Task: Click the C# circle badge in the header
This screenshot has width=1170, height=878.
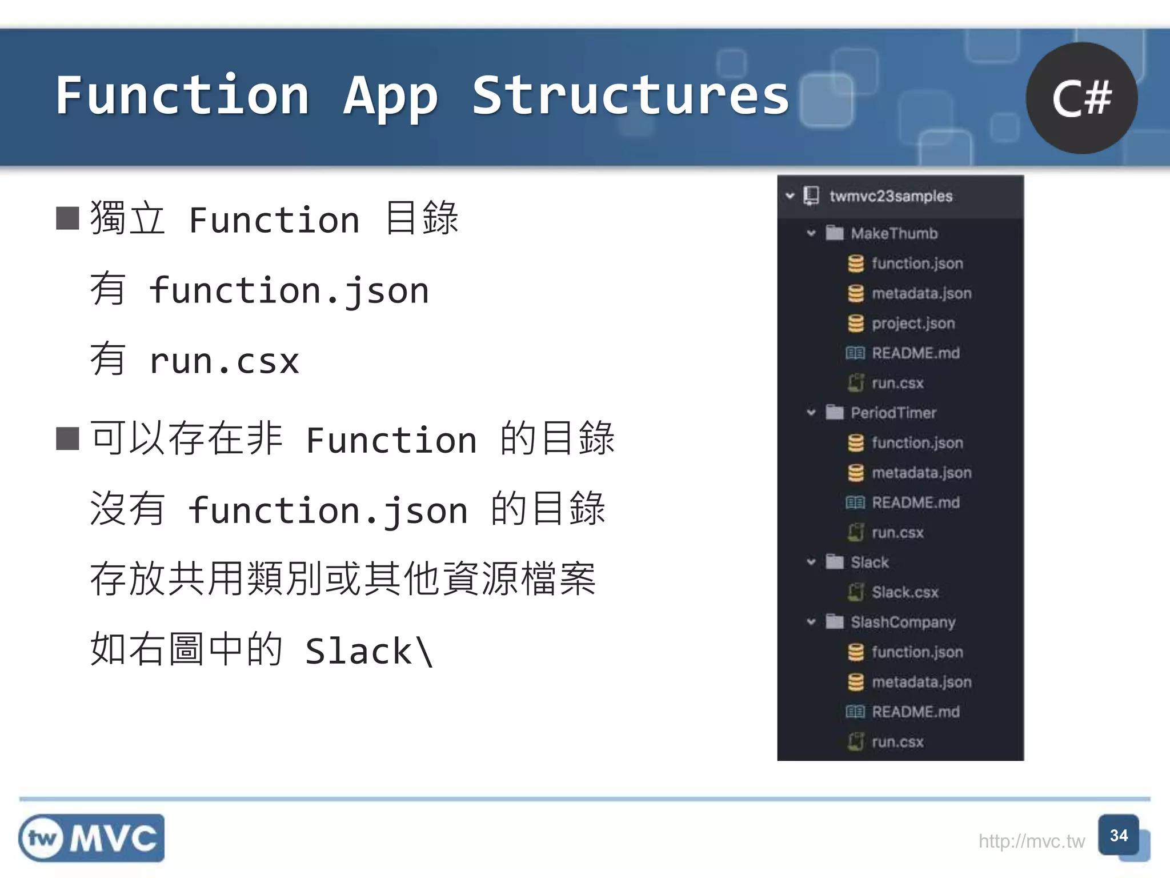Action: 1081,98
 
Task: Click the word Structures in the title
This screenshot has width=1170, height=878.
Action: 631,96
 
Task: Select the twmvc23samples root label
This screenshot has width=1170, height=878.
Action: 891,196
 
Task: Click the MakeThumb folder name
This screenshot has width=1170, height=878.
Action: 894,233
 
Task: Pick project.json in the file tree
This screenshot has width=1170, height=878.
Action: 913,324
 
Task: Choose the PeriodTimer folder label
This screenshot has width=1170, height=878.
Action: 893,413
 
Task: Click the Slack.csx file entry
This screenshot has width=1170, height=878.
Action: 905,592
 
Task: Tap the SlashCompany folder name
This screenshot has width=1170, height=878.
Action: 903,622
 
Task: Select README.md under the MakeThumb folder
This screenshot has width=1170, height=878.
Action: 915,353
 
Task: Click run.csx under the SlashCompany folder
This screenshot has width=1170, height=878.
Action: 897,742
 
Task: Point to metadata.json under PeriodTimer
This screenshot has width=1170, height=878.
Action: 921,473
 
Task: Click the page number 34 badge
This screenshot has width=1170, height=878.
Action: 1119,836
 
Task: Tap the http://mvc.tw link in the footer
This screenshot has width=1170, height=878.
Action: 1031,841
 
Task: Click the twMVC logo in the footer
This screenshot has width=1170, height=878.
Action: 91,838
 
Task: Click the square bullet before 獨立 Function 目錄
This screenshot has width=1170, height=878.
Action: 67,218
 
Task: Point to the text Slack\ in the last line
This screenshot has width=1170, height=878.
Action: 369,650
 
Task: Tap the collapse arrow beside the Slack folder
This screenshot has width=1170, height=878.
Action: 811,562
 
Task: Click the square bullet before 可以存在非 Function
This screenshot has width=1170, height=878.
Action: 67,438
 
